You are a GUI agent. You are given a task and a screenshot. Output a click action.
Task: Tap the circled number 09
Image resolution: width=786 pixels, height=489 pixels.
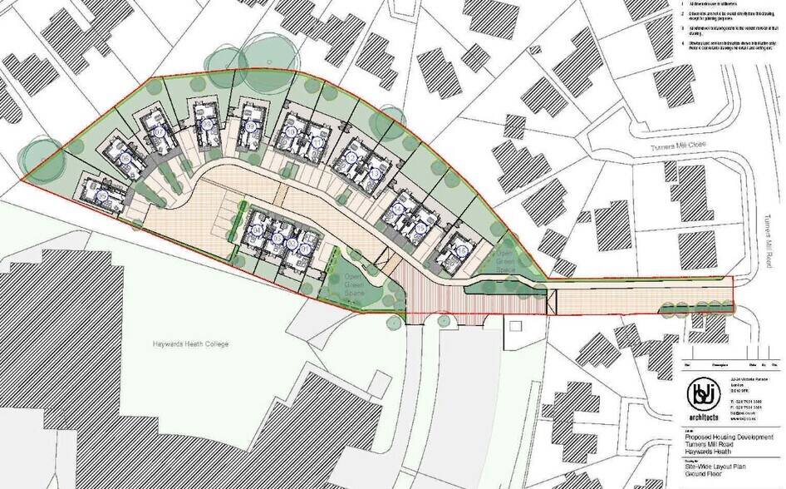point(250,126)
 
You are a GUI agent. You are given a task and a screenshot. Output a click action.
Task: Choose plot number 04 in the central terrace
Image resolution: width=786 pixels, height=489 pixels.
point(257,230)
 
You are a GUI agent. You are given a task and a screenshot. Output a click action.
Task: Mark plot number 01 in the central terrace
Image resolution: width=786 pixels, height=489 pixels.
point(305,248)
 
